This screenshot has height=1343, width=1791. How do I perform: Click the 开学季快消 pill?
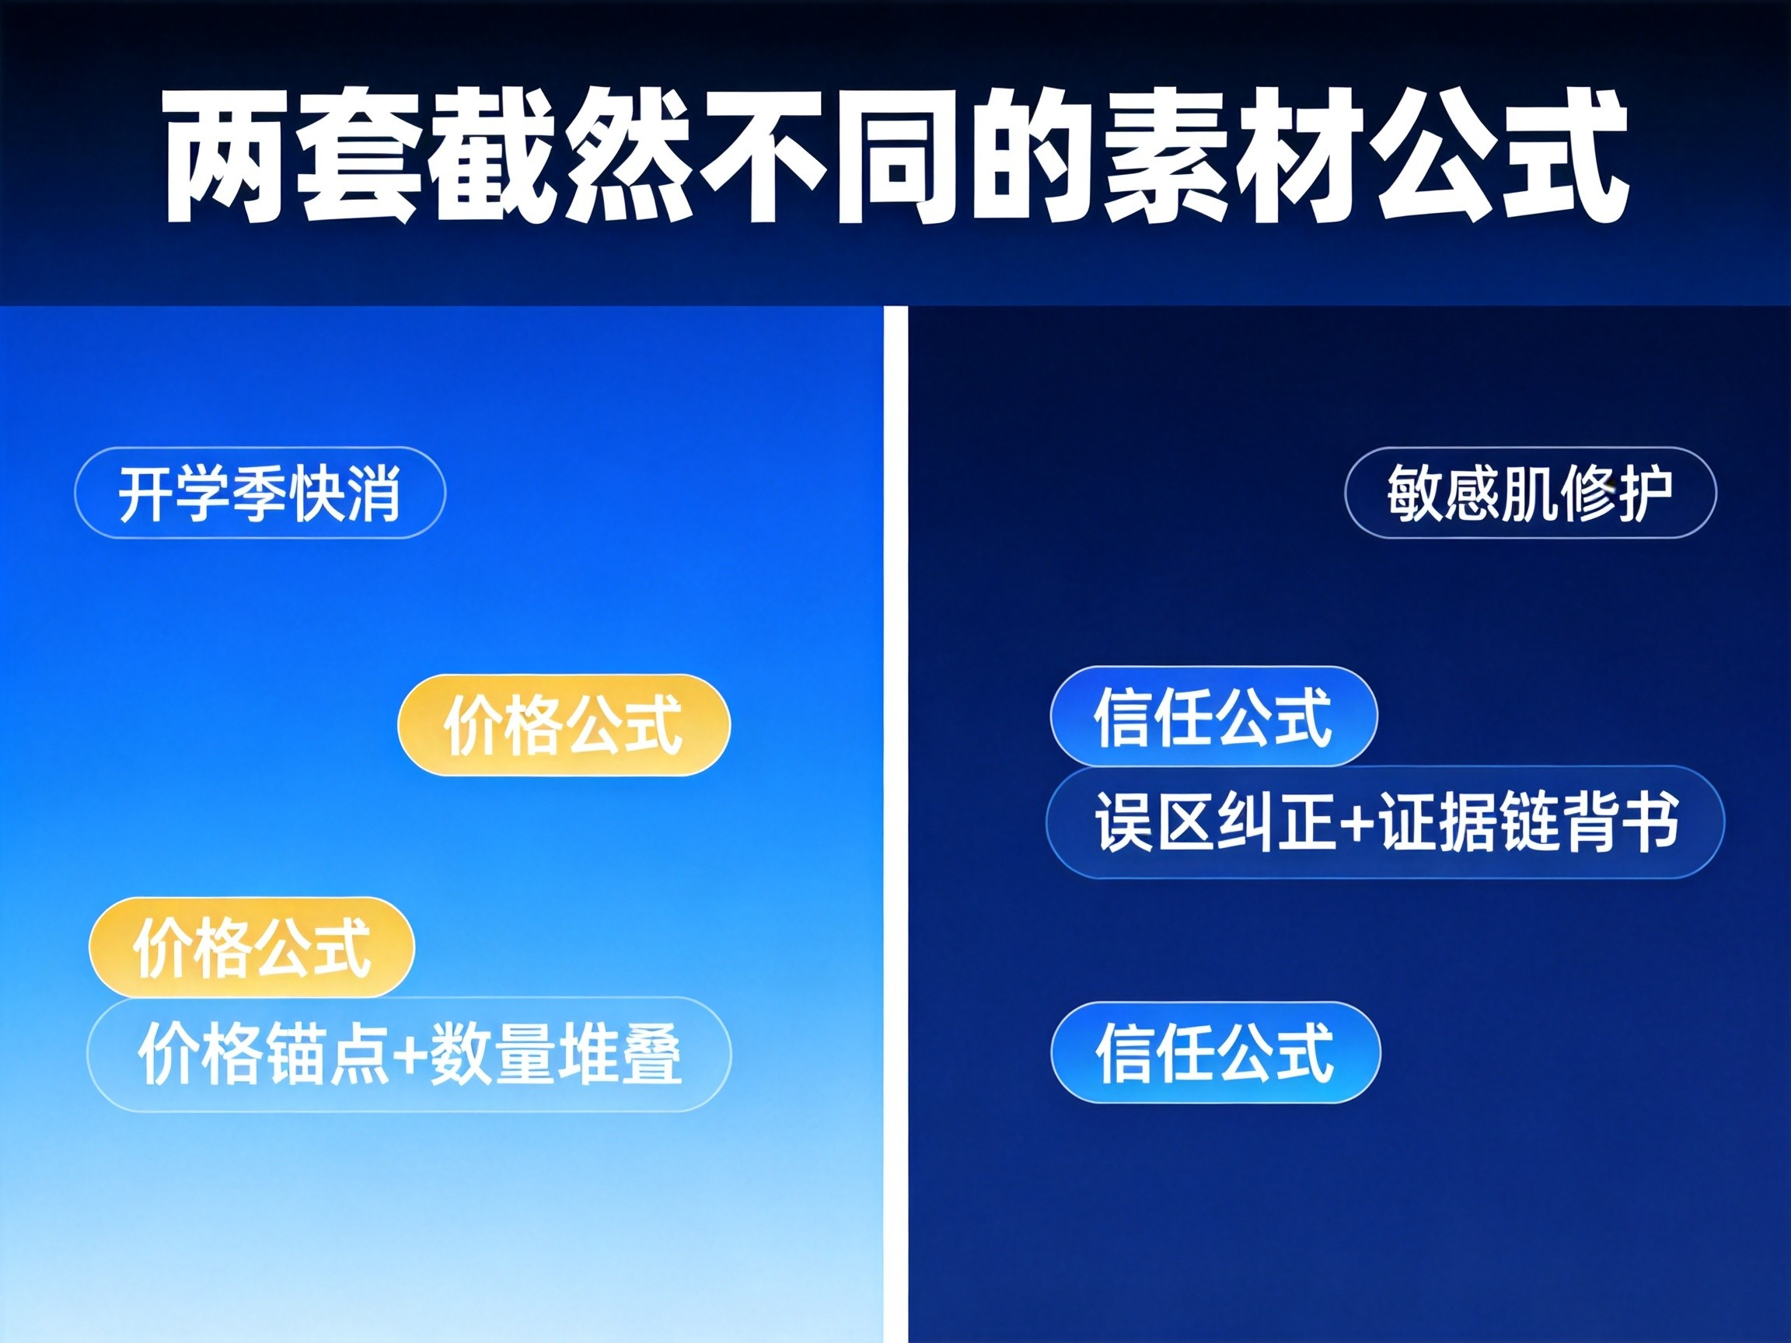(260, 492)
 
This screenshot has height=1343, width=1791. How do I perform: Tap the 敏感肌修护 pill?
(1531, 492)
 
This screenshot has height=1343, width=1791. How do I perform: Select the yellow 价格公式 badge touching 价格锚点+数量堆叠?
(252, 947)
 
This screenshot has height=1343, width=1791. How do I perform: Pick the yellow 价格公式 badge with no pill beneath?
(564, 724)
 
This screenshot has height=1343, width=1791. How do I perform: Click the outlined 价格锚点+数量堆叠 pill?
(409, 1054)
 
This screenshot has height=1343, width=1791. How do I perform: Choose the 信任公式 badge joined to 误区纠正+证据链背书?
(1213, 717)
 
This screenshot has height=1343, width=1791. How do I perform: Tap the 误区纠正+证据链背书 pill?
(1385, 821)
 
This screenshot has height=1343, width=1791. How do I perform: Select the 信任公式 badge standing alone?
(1215, 1052)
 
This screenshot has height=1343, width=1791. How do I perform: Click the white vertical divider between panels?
(895, 824)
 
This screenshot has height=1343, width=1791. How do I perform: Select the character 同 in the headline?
(899, 155)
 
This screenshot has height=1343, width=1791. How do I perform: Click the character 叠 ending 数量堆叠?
(651, 1055)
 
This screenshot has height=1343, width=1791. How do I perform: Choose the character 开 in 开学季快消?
(147, 493)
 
